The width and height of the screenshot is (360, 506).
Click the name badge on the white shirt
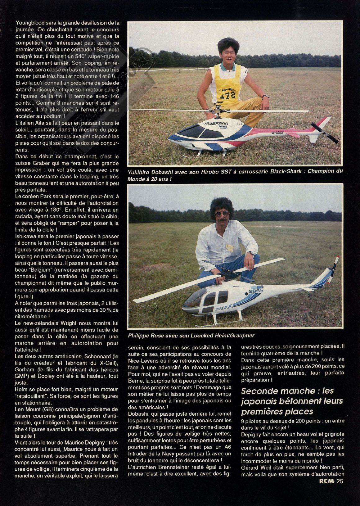click(x=229, y=248)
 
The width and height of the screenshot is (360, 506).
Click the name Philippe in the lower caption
click(x=138, y=336)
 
